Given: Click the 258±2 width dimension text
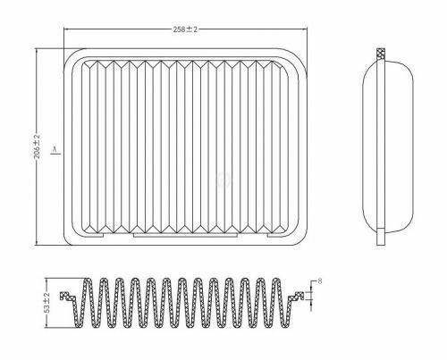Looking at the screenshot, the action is point(185,29).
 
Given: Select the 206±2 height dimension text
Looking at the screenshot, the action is point(37,147).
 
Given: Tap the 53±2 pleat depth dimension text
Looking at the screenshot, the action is point(47,303).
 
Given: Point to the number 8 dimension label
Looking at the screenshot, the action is point(320,281).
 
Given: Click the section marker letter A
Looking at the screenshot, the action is point(55,148).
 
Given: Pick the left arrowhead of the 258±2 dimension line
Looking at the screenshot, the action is point(67,29).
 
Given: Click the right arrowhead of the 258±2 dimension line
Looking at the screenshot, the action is point(304,29).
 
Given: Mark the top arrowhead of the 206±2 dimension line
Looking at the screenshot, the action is point(37,52).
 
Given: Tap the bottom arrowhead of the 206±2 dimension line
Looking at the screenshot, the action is point(37,242).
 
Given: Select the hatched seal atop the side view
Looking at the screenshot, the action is point(381,54).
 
